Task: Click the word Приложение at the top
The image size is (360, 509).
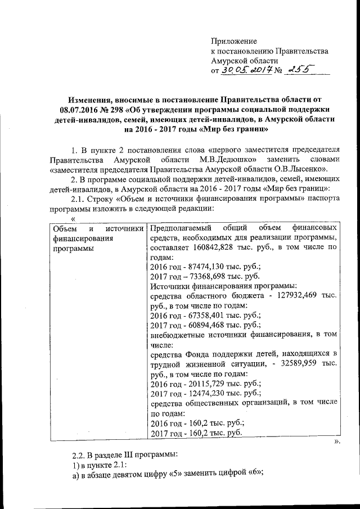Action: [233, 41]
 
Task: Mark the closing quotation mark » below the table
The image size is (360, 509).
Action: [337, 442]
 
